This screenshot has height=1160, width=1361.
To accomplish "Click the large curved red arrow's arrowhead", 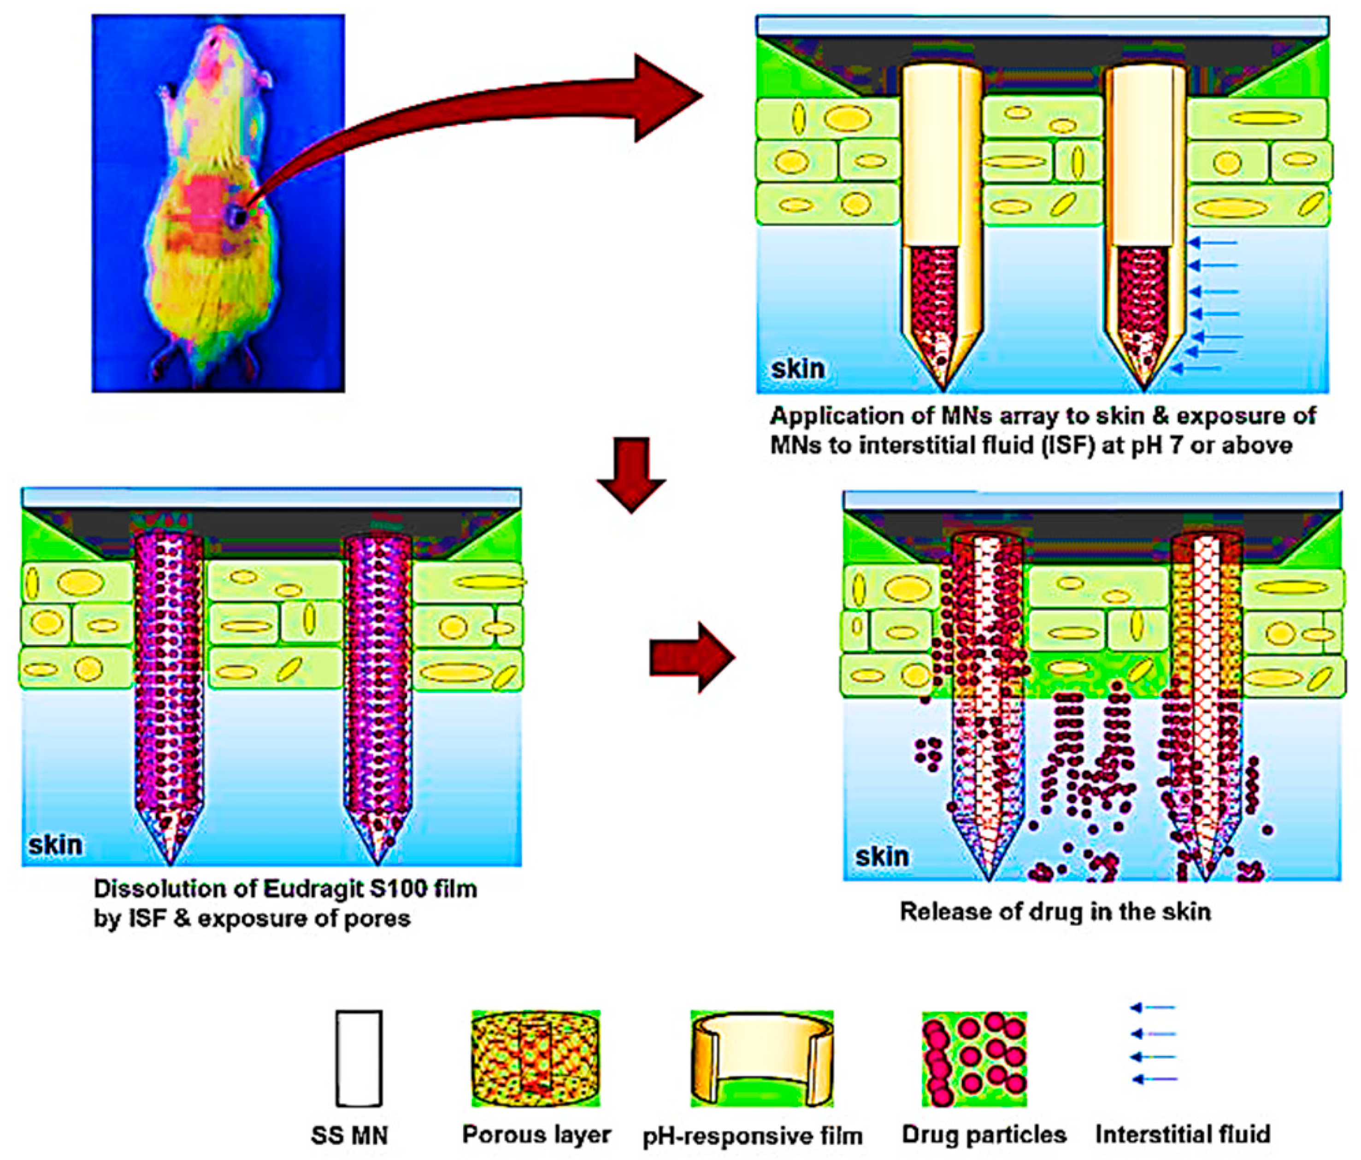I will point(663,97).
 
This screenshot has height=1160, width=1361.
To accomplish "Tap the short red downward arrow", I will point(631,474).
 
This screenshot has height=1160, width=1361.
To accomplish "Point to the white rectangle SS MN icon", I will point(359,1058).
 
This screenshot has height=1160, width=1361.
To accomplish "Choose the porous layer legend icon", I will point(536,1058).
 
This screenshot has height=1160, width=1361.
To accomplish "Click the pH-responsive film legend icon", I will point(762,1058).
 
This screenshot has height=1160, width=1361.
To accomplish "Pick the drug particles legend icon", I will point(974,1058).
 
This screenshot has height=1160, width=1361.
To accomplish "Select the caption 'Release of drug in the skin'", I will point(1055,912).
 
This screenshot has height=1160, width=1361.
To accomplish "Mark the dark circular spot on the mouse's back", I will point(236,215).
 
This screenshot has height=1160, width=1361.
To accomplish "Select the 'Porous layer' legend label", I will point(536,1134).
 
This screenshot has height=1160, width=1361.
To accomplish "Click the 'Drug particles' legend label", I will point(984,1134).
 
